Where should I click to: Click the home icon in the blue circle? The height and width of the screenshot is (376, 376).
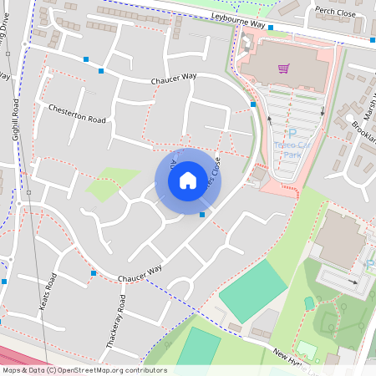coord(188,180)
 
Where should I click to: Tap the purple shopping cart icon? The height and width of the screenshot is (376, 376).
coord(284,69)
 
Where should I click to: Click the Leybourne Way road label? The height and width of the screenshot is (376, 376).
coord(240,24)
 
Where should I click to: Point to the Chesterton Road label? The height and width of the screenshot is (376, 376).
coord(77,114)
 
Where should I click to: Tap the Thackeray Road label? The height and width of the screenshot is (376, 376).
coord(119,318)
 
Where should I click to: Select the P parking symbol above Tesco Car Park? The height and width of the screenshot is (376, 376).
coord(292,134)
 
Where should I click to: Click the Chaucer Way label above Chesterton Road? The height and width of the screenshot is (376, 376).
coord(173,79)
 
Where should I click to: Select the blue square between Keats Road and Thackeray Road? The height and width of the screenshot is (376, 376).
coord(94,273)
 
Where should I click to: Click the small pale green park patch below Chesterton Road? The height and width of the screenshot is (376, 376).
coord(113,183)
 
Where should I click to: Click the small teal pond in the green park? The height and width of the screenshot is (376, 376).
coord(308,302)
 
